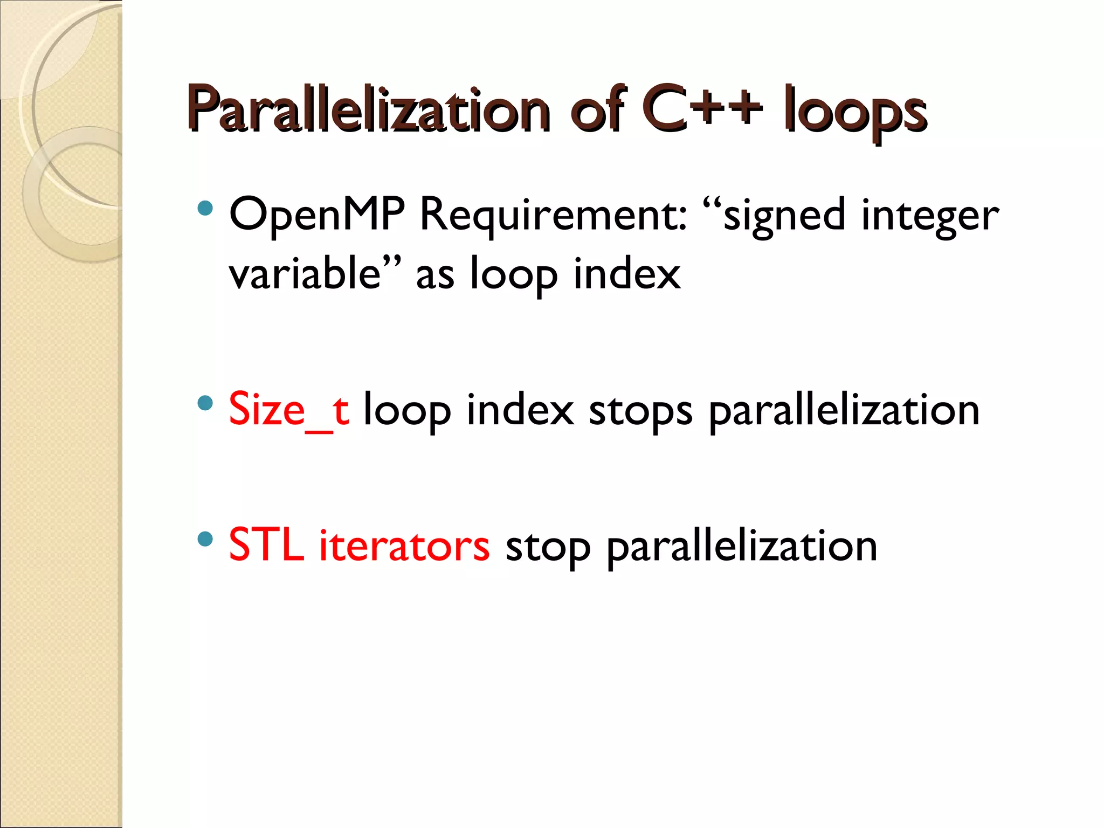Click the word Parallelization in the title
pos(369,111)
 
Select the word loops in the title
pos(855,113)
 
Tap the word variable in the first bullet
pos(305,274)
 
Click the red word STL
pos(266,546)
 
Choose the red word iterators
pos(404,546)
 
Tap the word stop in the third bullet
pos(548,548)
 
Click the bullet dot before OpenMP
pos(205,208)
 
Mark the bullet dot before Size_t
pos(205,403)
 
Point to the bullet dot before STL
pos(205,539)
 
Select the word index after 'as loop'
pos(626,274)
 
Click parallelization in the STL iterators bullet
pos(742,548)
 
